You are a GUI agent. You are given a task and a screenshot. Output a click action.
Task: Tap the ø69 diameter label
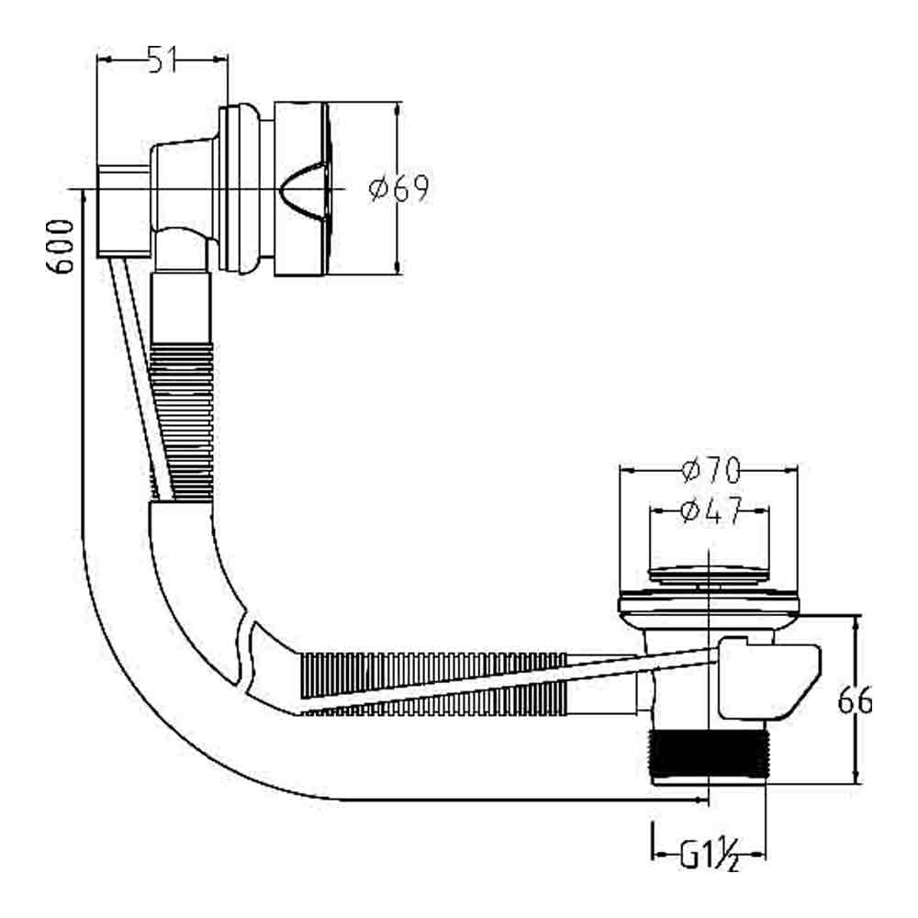click(398, 190)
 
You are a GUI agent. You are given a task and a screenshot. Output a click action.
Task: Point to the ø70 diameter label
click(711, 472)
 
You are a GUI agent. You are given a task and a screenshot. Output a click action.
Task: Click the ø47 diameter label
click(710, 511)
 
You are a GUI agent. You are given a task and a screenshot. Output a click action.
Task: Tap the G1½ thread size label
click(709, 856)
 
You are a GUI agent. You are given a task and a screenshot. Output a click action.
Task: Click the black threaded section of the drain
click(707, 756)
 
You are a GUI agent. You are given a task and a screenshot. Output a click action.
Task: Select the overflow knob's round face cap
click(303, 189)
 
